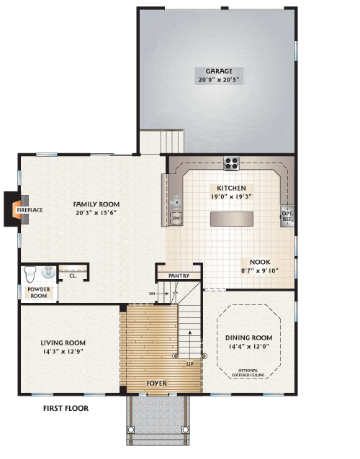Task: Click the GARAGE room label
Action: tap(217, 71)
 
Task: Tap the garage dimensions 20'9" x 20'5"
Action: tap(217, 80)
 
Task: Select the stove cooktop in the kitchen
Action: tap(231, 163)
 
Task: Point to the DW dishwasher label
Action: tap(176, 217)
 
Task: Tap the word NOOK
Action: tap(260, 262)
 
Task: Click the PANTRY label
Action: tap(179, 276)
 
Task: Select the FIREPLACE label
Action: tap(25, 210)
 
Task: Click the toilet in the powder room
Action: tap(30, 274)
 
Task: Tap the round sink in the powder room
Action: tap(48, 273)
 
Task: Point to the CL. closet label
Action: tap(73, 275)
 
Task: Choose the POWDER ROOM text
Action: tap(38, 292)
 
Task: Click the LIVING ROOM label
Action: tap(63, 342)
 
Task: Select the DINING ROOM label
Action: tap(248, 337)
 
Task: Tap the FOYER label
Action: tap(156, 383)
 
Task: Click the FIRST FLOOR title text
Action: tap(65, 408)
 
